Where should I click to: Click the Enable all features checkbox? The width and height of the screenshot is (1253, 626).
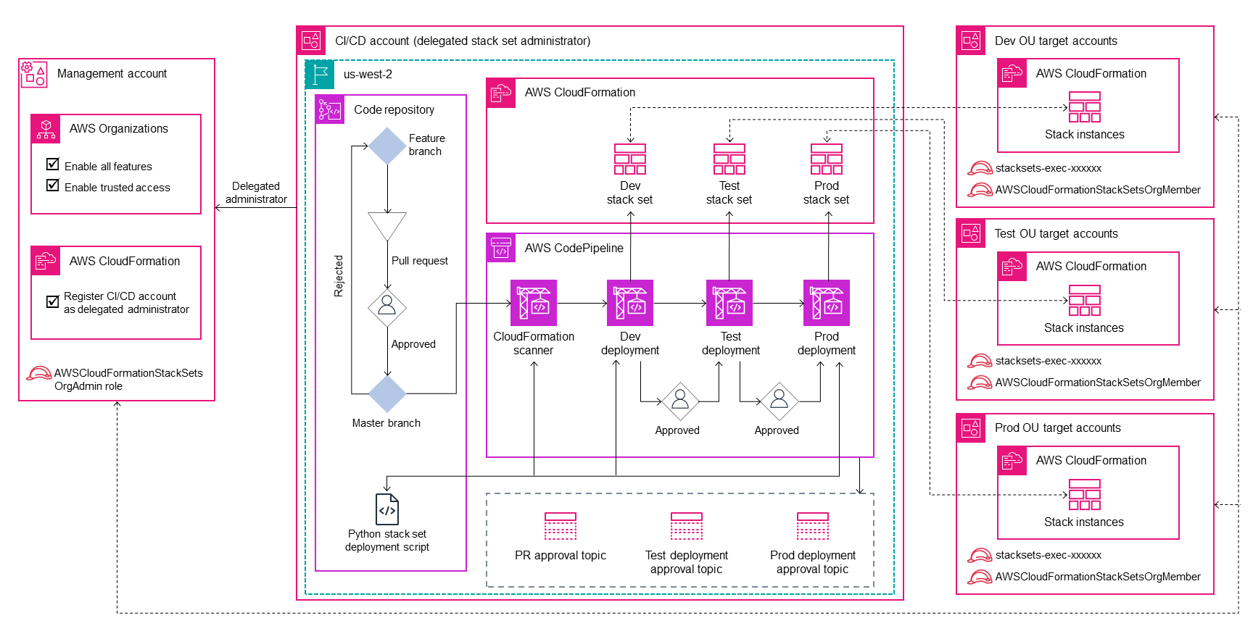[53, 164]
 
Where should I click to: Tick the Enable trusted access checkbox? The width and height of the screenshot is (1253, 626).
[53, 185]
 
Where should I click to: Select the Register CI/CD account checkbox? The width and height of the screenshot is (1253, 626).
[53, 301]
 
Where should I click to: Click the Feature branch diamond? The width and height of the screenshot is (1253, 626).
[387, 146]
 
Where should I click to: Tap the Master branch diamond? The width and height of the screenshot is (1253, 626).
[387, 394]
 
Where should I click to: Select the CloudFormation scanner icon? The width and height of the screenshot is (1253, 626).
[534, 303]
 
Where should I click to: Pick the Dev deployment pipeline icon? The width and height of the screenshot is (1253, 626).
[630, 303]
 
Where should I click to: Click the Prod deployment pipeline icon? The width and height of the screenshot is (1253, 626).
[827, 303]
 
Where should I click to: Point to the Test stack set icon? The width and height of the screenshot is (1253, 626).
[729, 159]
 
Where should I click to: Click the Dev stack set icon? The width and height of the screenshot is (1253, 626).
[630, 159]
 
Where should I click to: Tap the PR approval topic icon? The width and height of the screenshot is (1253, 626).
[561, 527]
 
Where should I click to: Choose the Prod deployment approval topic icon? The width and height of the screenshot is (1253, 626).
[813, 527]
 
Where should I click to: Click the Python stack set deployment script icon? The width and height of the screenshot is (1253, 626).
[387, 509]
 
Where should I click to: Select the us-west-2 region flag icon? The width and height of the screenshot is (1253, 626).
[320, 75]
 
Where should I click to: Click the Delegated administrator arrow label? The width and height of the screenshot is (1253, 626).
[256, 193]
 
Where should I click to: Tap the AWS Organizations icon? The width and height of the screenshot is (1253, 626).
[46, 129]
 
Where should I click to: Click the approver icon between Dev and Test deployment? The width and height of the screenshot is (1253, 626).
[680, 401]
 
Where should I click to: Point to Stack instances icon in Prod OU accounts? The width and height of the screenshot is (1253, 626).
[1085, 494]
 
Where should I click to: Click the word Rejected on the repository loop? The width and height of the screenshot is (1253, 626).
[339, 276]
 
